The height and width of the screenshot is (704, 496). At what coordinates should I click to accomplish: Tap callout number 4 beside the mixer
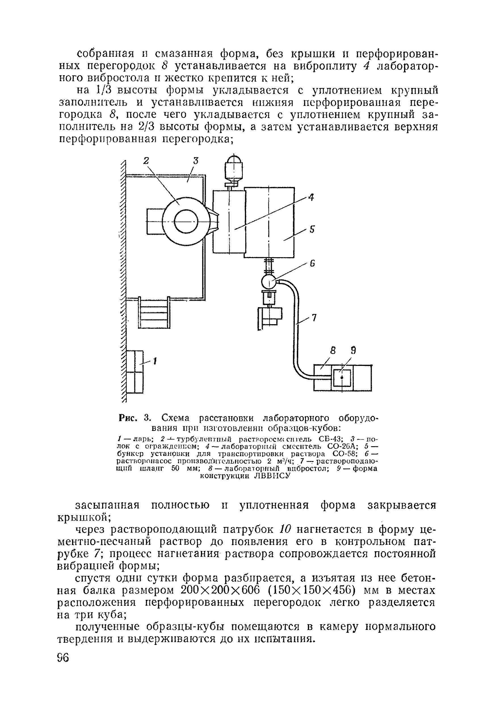[311, 198]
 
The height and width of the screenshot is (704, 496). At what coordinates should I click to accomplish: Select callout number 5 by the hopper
[312, 230]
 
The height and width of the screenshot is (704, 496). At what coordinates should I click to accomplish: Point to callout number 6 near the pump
[312, 263]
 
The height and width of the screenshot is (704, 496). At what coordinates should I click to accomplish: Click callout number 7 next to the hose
[314, 318]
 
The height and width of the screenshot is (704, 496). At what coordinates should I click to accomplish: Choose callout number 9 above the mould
[354, 350]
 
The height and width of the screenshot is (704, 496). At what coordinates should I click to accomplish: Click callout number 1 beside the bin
[155, 361]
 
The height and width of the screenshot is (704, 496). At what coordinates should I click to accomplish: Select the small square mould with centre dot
[342, 378]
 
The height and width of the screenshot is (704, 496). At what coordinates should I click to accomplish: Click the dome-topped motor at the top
[234, 167]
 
